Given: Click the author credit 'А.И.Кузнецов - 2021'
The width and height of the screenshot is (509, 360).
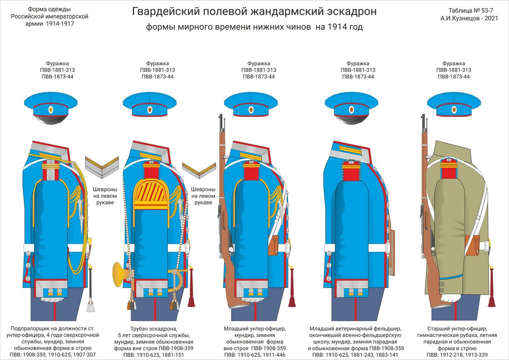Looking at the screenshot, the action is (469, 19).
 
